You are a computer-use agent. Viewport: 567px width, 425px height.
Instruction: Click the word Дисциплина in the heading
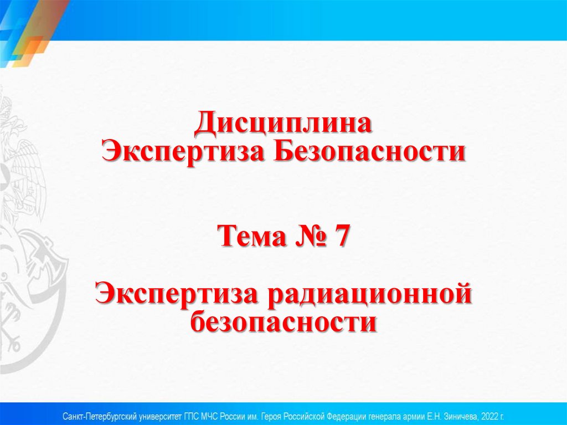[x=283, y=124]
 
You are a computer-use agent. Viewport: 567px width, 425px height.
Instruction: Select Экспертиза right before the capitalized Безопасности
[x=184, y=150]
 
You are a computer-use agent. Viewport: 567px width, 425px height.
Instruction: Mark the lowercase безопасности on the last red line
[x=283, y=321]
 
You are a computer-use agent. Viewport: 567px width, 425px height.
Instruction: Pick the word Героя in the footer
[x=282, y=415]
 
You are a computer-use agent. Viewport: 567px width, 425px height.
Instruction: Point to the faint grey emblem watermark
[x=25, y=233]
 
